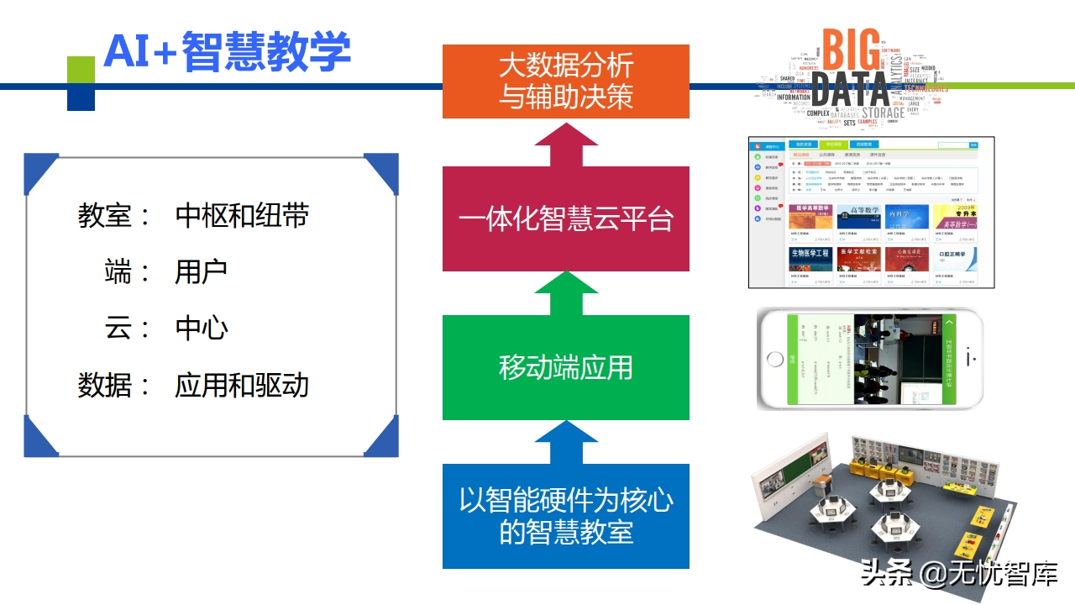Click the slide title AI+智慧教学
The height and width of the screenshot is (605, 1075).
click(x=227, y=52)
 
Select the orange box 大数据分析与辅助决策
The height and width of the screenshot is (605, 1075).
click(x=565, y=82)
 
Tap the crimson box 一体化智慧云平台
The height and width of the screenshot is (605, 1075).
click(x=565, y=219)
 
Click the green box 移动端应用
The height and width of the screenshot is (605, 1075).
click(x=565, y=367)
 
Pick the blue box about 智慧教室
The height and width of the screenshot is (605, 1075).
click(x=565, y=516)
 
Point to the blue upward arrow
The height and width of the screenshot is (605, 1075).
click(x=565, y=442)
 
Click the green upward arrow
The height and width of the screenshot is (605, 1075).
click(x=565, y=293)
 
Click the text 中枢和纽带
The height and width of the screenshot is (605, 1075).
click(x=242, y=216)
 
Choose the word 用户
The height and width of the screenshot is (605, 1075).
click(x=202, y=272)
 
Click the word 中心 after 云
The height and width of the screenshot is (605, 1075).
click(x=202, y=329)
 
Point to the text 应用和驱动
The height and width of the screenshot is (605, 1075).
click(x=242, y=385)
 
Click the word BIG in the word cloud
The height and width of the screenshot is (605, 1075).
click(x=850, y=50)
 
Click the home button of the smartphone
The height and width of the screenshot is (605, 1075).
click(x=775, y=360)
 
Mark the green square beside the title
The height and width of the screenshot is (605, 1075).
click(x=81, y=70)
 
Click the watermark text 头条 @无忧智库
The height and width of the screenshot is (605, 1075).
click(x=958, y=573)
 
